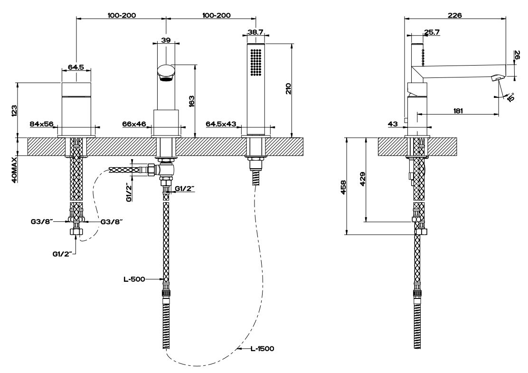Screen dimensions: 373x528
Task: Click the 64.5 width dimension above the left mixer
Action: click(x=75, y=67)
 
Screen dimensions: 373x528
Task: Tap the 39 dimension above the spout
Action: click(x=166, y=40)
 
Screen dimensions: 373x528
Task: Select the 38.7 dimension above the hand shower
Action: click(x=255, y=31)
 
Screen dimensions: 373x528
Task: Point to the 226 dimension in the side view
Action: click(x=455, y=15)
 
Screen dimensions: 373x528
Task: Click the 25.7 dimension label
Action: click(x=431, y=32)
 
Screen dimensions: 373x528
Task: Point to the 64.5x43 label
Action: click(x=221, y=124)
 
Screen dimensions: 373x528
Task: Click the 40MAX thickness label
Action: click(x=14, y=169)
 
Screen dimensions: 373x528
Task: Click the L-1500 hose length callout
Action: click(x=263, y=349)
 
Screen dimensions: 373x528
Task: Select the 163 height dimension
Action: click(x=191, y=101)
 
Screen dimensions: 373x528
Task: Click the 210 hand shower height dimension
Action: click(x=288, y=89)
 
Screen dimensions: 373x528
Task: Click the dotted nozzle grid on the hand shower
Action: click(x=255, y=62)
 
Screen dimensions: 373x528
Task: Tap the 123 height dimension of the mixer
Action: click(x=14, y=110)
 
